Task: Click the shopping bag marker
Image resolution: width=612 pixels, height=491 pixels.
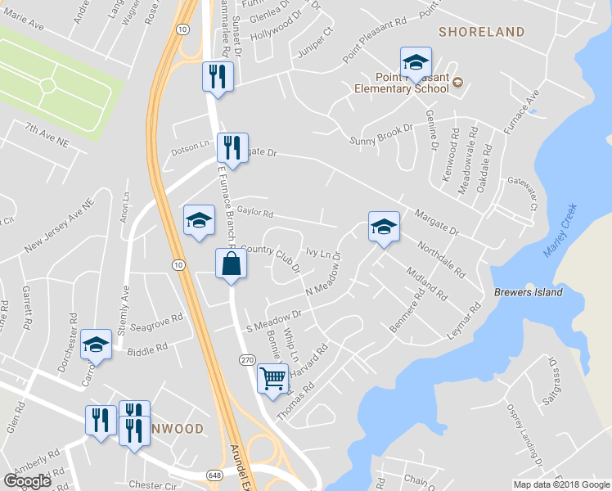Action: pos(231,264)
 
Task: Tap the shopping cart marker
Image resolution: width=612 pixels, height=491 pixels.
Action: pos(273,378)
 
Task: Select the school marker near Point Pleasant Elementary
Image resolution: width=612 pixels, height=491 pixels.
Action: pos(416,62)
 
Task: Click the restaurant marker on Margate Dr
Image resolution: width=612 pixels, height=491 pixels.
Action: pos(232,148)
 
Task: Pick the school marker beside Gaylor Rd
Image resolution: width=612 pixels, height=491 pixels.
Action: pos(199,220)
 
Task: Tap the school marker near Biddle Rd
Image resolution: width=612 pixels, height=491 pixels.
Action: pos(96,345)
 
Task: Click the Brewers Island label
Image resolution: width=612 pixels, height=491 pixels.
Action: pos(529,292)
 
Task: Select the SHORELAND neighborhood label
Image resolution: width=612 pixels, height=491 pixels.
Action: pos(481,32)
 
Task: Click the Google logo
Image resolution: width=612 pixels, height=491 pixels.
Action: pos(28,481)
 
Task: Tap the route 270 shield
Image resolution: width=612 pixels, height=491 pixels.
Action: pos(248,360)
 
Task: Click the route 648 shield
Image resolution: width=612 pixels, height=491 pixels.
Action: pos(214,475)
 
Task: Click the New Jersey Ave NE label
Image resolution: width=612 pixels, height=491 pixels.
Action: pos(60,224)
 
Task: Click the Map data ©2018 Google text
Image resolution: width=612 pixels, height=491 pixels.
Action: pos(561,484)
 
